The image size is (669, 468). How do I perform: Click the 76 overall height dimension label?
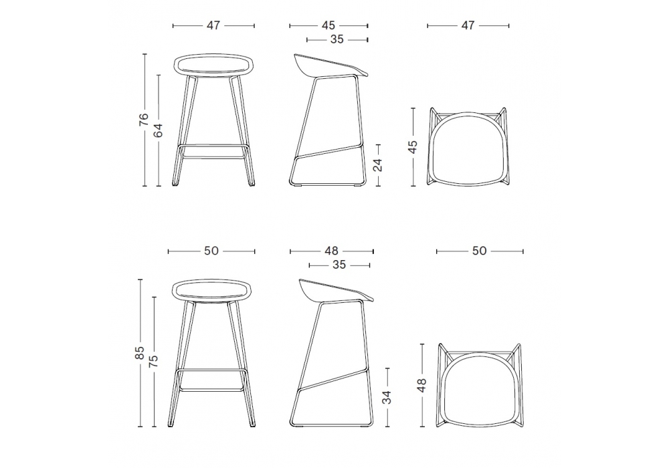pos(145,119)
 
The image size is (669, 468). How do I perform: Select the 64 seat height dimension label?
pos(159,130)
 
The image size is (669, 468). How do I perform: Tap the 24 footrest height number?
pos(377,164)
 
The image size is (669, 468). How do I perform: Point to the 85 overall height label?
pos(140,352)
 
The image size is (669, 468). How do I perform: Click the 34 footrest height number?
pos(387,397)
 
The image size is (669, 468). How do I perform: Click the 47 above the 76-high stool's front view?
pos(213,25)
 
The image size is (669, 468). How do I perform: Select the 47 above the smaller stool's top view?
pos(468,25)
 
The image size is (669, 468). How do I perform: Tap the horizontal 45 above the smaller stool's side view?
pos(328,25)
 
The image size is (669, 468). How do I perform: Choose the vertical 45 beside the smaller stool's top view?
pos(413,147)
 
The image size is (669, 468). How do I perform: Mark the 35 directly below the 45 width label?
pos(337,39)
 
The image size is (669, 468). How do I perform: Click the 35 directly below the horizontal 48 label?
pos(339,265)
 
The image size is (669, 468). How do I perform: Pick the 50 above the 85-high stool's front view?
pos(211,251)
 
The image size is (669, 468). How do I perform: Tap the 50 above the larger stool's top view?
pos(480,251)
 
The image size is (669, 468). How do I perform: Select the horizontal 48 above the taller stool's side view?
pos(332,251)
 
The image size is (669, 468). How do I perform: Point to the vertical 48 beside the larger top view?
pos(421,385)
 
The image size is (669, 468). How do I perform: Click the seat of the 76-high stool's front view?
pos(214,66)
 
